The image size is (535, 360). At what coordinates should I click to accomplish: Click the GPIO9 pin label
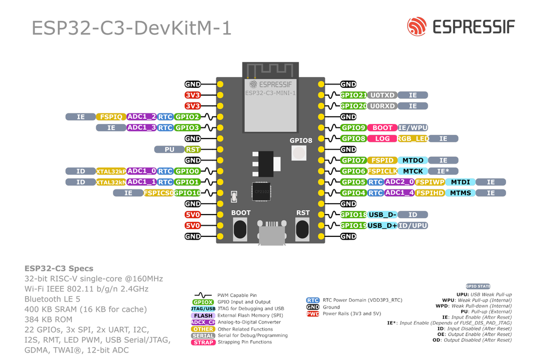pyautogui.click(x=354, y=128)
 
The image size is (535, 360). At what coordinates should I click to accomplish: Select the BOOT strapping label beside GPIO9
pyautogui.click(x=382, y=128)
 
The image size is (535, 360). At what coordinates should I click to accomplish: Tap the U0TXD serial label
pyautogui.click(x=382, y=95)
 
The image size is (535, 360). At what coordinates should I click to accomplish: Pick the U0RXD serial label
pyautogui.click(x=382, y=106)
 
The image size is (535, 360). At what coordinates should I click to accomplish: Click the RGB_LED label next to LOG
pyautogui.click(x=412, y=139)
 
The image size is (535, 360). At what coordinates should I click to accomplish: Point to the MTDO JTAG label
pyautogui.click(x=412, y=160)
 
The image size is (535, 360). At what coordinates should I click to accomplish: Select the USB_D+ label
pyautogui.click(x=382, y=226)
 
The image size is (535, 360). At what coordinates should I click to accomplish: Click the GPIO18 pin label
pyautogui.click(x=354, y=215)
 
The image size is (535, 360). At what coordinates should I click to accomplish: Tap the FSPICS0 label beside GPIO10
pyautogui.click(x=158, y=193)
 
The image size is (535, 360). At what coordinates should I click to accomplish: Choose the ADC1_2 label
pyautogui.click(x=142, y=117)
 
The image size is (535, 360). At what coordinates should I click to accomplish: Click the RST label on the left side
pyautogui.click(x=193, y=149)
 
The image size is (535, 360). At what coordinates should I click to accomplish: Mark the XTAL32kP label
pyautogui.click(x=111, y=171)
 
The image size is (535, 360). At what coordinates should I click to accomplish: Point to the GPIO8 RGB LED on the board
pyautogui.click(x=299, y=154)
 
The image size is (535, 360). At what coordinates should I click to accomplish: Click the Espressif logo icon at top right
pyautogui.click(x=417, y=26)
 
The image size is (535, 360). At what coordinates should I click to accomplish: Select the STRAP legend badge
pyautogui.click(x=203, y=342)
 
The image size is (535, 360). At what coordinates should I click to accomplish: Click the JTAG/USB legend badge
pyautogui.click(x=203, y=309)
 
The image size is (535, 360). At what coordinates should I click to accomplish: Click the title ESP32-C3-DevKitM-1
pyautogui.click(x=132, y=28)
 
